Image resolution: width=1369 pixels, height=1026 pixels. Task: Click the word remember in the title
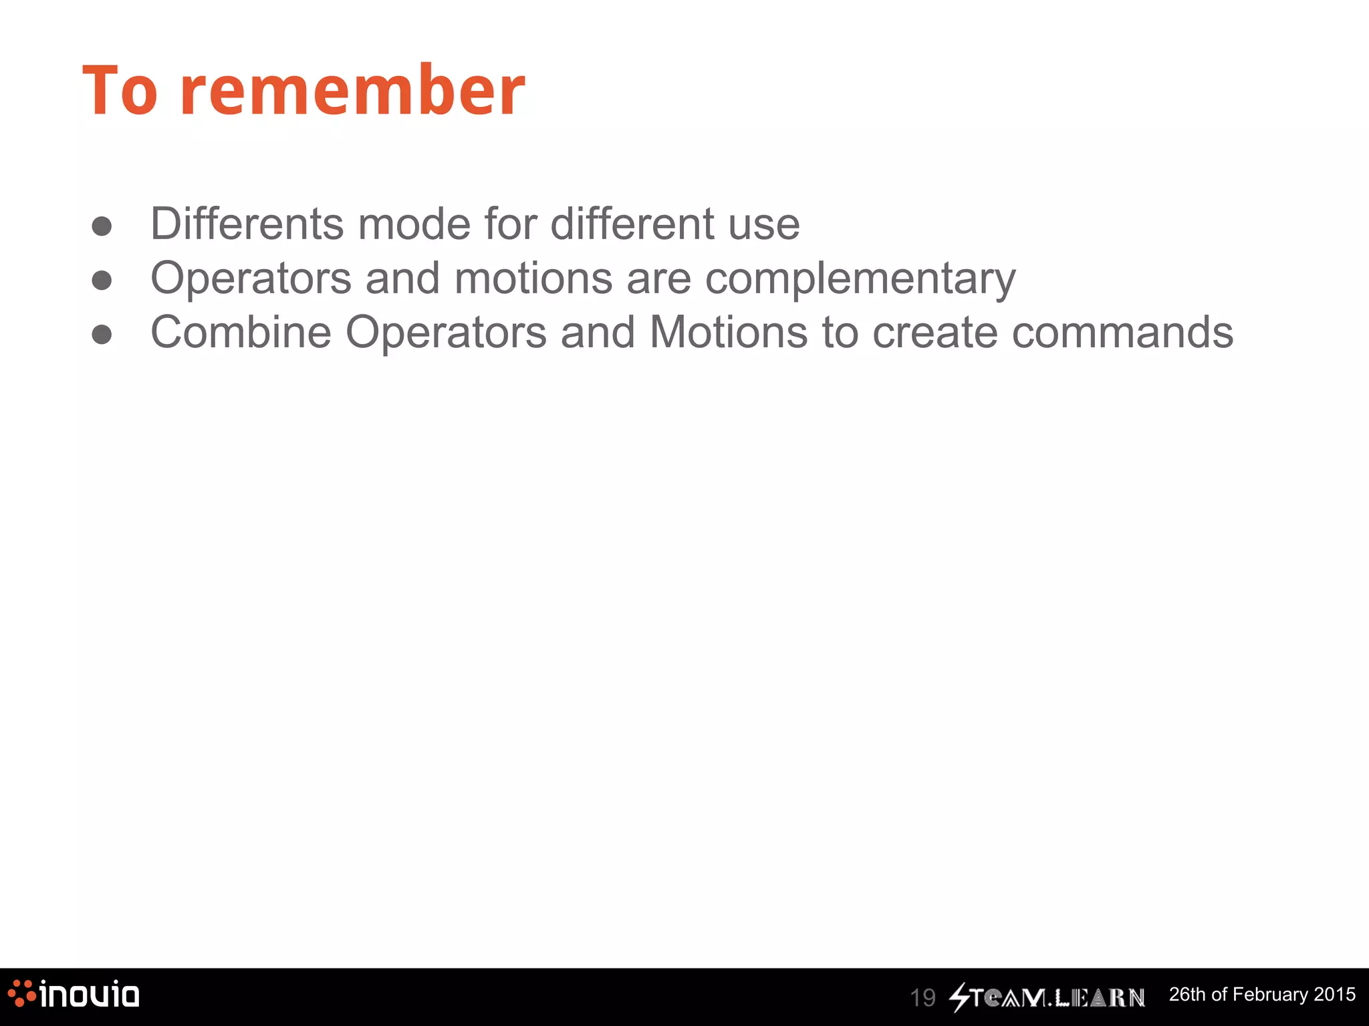(352, 92)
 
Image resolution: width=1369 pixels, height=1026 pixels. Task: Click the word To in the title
(120, 92)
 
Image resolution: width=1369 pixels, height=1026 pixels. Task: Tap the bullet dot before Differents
(102, 226)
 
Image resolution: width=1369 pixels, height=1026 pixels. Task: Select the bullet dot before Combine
(102, 334)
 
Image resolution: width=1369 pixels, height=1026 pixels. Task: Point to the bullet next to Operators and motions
(102, 280)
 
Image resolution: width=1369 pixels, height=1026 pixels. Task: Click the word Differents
(247, 224)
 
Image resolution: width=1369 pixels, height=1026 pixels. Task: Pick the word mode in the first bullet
(414, 224)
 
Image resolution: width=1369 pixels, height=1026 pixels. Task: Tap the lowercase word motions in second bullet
(533, 278)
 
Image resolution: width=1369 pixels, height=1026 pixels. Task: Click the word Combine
(241, 332)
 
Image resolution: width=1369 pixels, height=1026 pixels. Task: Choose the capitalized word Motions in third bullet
(728, 332)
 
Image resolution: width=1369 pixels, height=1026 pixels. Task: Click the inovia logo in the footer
(88, 995)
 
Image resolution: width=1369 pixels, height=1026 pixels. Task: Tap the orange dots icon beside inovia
(21, 993)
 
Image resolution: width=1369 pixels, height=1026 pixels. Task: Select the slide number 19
(922, 998)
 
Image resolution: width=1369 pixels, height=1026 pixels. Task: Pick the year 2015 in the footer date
(1334, 995)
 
